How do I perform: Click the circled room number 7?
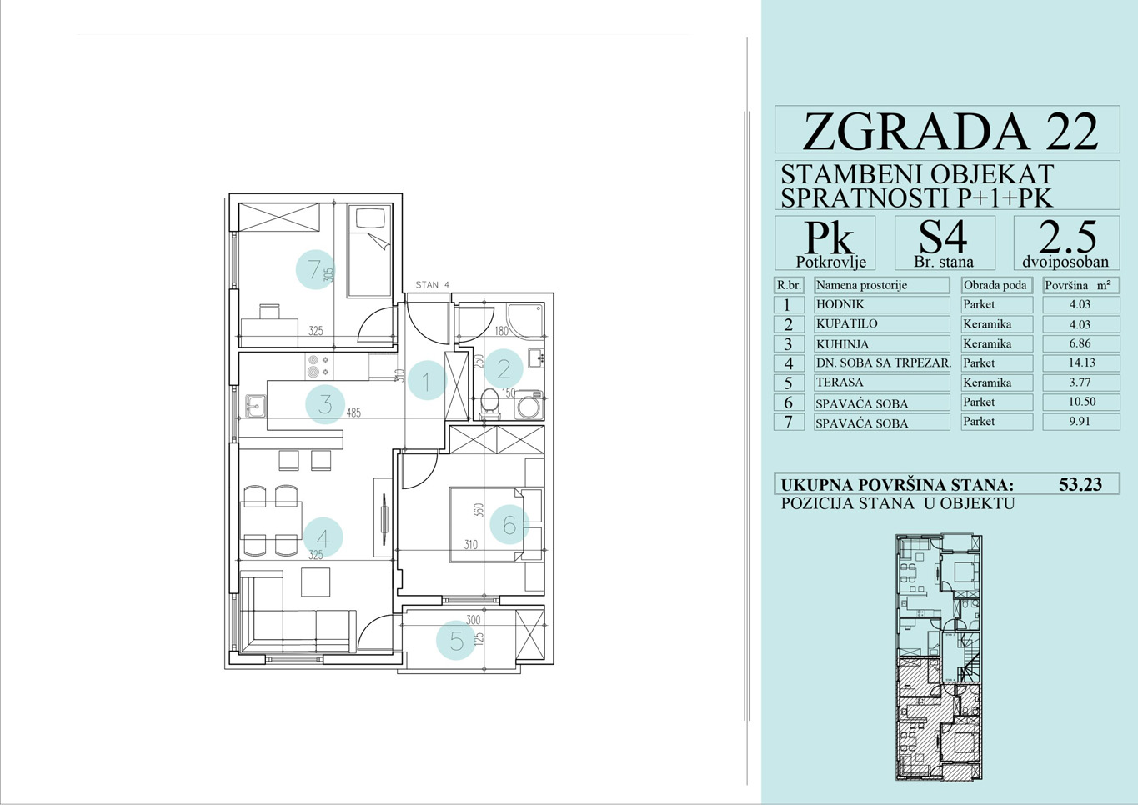pyautogui.click(x=315, y=269)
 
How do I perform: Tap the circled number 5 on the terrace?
pyautogui.click(x=456, y=641)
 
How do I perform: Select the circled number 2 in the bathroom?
pyautogui.click(x=504, y=368)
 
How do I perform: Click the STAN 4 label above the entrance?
pyautogui.click(x=433, y=284)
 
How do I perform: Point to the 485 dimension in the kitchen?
pyautogui.click(x=353, y=412)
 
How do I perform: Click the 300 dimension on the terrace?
pyautogui.click(x=473, y=620)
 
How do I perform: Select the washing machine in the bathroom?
pyautogui.click(x=529, y=405)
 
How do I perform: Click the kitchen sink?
pyautogui.click(x=255, y=406)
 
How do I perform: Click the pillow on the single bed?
pyautogui.click(x=370, y=218)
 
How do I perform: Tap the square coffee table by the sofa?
pyautogui.click(x=315, y=582)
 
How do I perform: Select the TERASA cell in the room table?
pyautogui.click(x=840, y=382)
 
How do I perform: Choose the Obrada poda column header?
pyautogui.click(x=995, y=285)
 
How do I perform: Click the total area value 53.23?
pyautogui.click(x=1080, y=484)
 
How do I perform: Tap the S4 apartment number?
pyautogui.click(x=944, y=237)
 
